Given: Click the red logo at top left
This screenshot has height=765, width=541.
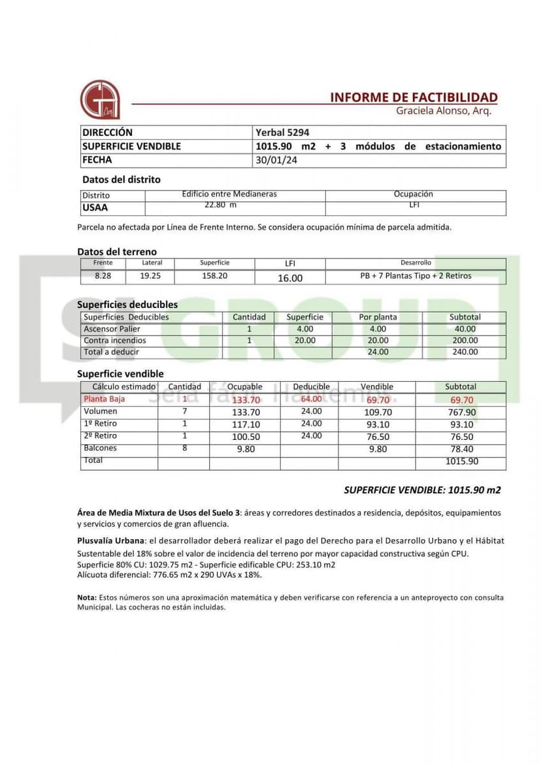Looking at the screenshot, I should pos(99,99).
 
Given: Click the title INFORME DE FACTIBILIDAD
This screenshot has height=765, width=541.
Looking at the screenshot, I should pos(414,97).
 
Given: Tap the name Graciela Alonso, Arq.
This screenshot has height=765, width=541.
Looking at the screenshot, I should pos(443,111).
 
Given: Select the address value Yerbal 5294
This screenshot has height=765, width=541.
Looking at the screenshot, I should pos(282,133).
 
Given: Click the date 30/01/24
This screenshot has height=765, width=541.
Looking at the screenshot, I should pos(276,160).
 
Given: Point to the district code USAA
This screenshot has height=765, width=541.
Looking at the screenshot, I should pos(95,208).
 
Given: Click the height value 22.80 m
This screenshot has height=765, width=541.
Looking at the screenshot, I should pos(221,205).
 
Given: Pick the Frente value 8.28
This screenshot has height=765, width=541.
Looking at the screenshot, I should pos(103,276).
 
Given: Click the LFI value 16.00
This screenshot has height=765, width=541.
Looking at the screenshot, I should pos(290,278).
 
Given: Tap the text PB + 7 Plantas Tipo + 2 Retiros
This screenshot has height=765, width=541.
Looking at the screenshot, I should pos(416,275).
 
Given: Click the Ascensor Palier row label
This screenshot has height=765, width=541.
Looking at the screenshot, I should pos(112,329).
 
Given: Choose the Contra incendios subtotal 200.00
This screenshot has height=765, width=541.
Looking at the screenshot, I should pos(465,341).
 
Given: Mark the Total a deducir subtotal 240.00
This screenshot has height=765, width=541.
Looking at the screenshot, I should pos(465,352).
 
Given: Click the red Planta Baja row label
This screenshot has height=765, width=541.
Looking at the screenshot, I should pos(104,399).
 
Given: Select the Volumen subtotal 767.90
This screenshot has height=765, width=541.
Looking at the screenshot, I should pos(461,413).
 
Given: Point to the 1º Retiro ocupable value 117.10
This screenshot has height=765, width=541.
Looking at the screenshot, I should pos(246,425).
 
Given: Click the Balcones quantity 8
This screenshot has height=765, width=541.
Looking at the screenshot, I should pos(185,448).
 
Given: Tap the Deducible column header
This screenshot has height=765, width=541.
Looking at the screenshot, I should pos(311,387).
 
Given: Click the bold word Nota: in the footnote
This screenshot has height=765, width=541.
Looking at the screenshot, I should pos(87,597).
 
